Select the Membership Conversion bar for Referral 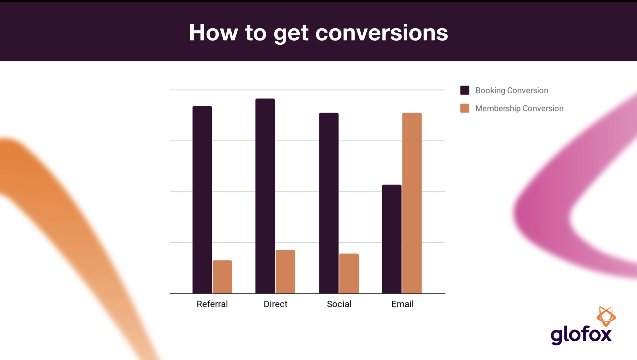[x=222, y=277]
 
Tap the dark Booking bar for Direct [x=265, y=196]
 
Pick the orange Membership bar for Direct [x=285, y=271]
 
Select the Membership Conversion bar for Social [x=349, y=273]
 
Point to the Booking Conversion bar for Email [x=392, y=239]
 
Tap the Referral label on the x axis [x=212, y=304]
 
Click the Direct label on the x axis [x=276, y=304]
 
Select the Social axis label [x=339, y=304]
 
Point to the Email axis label [x=402, y=304]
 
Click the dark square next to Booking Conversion [x=465, y=90]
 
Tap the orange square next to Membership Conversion [x=465, y=108]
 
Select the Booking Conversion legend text [x=512, y=90]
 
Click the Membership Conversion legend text [x=519, y=108]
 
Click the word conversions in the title [x=382, y=33]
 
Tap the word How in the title [x=213, y=33]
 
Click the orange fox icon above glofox [x=606, y=316]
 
